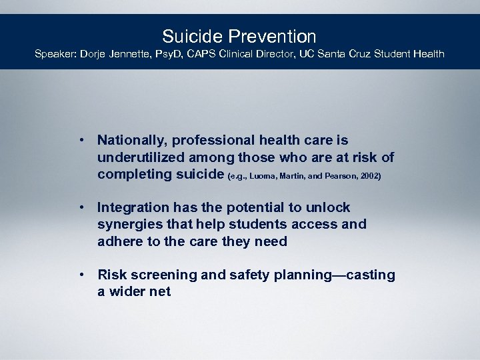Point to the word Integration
(133, 207)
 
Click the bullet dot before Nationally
(80, 140)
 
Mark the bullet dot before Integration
(80, 207)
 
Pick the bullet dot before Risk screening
(80, 275)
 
